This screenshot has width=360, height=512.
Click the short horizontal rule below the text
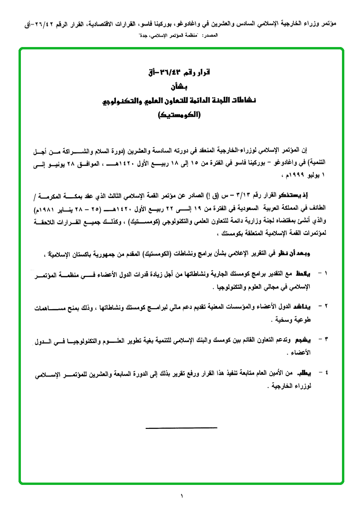click(181, 428)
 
